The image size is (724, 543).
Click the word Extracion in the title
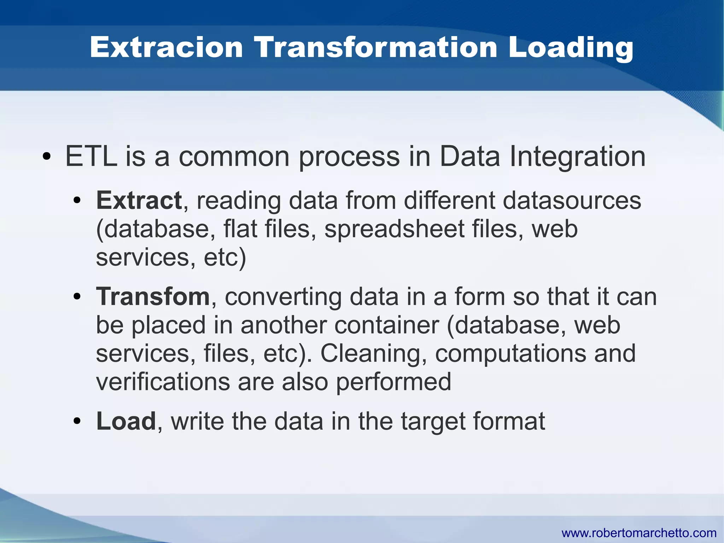coord(166,47)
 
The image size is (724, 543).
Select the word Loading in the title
coord(570,48)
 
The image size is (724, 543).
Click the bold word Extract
coord(139,200)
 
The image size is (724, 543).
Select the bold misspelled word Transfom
coord(153,296)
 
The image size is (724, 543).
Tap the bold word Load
coord(126,421)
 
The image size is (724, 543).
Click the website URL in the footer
coord(639,532)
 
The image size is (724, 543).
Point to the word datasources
coord(572,200)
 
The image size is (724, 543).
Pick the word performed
coord(393,382)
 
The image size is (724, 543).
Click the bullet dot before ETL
coord(46,156)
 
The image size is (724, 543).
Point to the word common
coord(234,157)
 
